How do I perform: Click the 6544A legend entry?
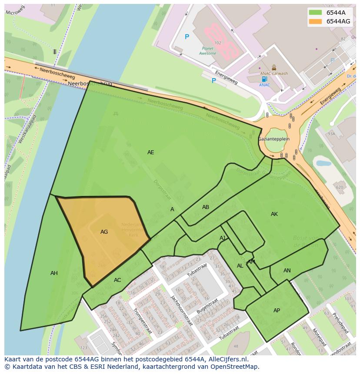click(x=333, y=13)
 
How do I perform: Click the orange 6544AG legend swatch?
click(x=315, y=21)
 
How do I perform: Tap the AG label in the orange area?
click(x=104, y=232)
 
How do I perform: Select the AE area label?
click(x=150, y=152)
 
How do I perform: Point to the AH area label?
click(x=54, y=273)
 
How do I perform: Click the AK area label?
click(x=274, y=214)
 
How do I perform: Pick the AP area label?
click(x=277, y=311)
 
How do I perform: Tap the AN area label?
click(x=287, y=271)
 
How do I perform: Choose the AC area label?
click(x=117, y=280)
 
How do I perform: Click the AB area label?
click(x=206, y=207)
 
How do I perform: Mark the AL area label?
click(x=240, y=266)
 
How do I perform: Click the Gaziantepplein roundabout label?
click(x=274, y=139)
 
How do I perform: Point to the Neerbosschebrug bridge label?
click(x=90, y=83)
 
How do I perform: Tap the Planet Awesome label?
click(x=207, y=51)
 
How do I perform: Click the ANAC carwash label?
click(x=274, y=73)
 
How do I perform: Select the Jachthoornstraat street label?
click(x=181, y=310)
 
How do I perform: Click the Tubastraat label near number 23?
click(x=198, y=271)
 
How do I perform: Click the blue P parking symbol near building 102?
click(x=187, y=37)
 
